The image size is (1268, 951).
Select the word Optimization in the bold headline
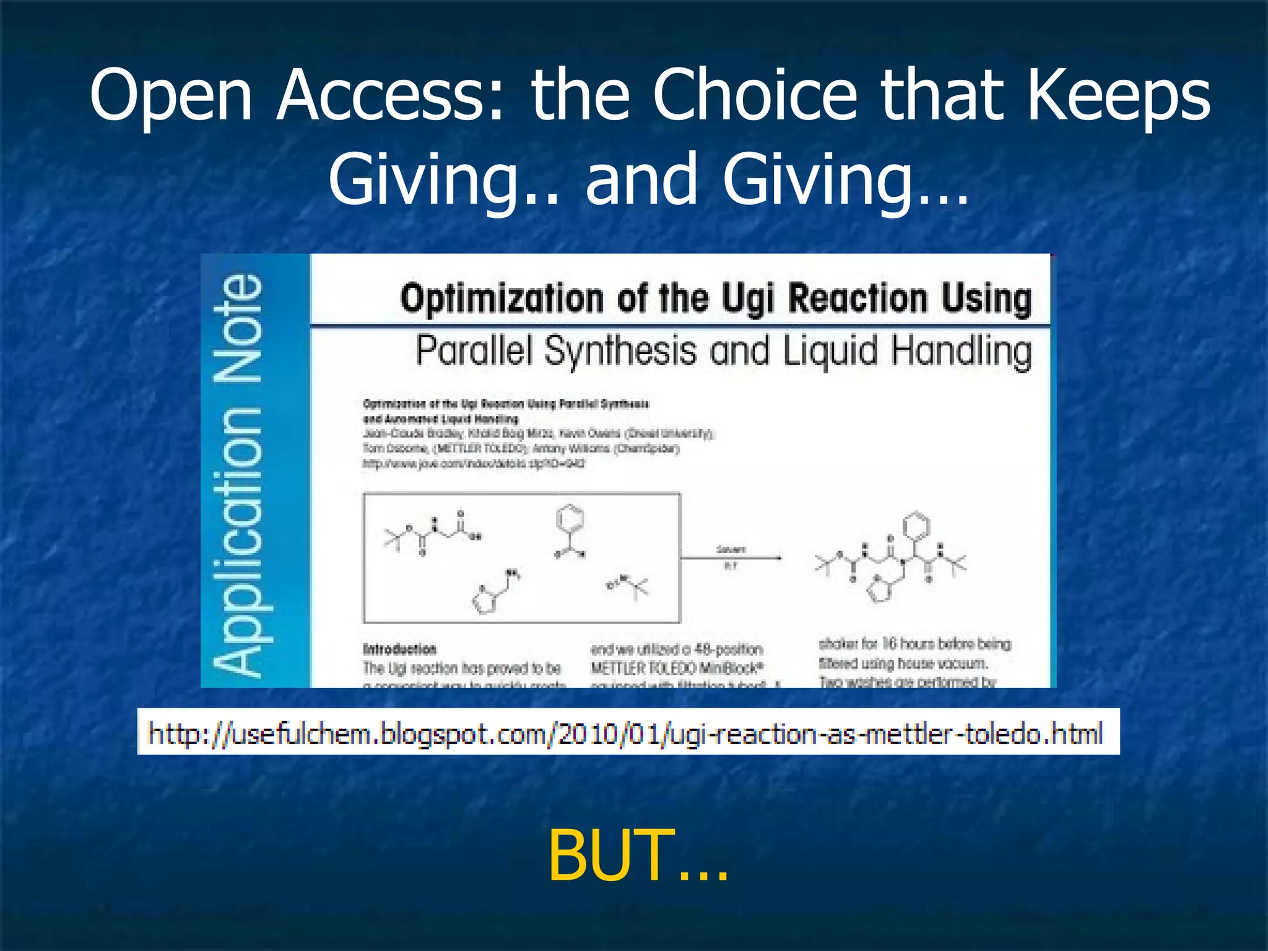pyautogui.click(x=502, y=298)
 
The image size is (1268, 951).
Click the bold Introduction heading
pyautogui.click(x=399, y=649)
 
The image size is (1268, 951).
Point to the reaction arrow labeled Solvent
pyautogui.click(x=731, y=558)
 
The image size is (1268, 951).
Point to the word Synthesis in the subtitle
pyautogui.click(x=621, y=350)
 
